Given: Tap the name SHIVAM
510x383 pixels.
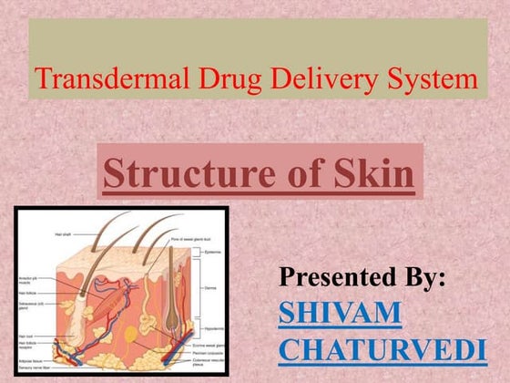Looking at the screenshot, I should (340, 313).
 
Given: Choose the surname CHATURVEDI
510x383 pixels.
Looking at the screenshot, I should (382, 349).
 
